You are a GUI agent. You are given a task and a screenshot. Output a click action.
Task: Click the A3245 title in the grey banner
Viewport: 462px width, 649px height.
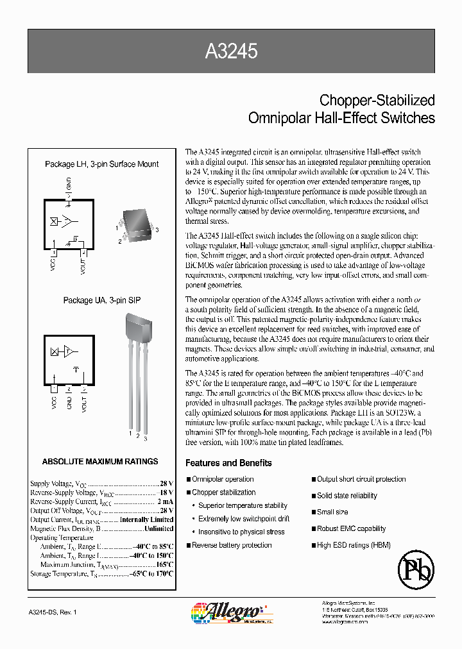pyautogui.click(x=231, y=52)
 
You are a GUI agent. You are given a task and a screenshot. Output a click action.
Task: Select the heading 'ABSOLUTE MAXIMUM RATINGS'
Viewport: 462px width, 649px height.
pyautogui.click(x=100, y=461)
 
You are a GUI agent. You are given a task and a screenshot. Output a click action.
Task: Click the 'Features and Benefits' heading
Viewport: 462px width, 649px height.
pyautogui.click(x=228, y=463)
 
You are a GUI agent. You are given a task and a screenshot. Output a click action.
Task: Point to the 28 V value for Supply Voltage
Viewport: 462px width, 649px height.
pyautogui.click(x=166, y=484)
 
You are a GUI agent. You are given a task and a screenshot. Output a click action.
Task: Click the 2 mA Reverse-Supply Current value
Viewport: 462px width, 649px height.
pyautogui.click(x=165, y=501)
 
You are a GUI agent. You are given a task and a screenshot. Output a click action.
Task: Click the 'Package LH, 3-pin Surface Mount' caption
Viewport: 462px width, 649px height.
pyautogui.click(x=102, y=164)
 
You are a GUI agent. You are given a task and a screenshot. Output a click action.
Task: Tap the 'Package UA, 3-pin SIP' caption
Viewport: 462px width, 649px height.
pyautogui.click(x=102, y=300)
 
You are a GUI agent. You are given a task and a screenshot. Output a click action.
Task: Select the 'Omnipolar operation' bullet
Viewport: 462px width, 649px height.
pyautogui.click(x=223, y=479)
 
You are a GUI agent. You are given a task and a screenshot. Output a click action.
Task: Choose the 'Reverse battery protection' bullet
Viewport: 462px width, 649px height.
pyautogui.click(x=232, y=545)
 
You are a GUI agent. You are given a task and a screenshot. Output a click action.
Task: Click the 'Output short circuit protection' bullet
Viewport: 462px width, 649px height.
pyautogui.click(x=361, y=479)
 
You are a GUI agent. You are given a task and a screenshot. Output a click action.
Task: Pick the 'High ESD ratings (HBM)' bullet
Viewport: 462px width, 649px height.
pyautogui.click(x=354, y=545)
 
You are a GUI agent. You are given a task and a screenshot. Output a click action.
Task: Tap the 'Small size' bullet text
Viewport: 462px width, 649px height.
pyautogui.click(x=332, y=512)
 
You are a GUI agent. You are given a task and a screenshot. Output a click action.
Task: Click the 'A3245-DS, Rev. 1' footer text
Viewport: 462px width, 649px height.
pyautogui.click(x=53, y=613)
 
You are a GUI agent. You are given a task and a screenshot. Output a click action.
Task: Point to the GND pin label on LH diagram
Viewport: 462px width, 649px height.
pyautogui.click(x=69, y=185)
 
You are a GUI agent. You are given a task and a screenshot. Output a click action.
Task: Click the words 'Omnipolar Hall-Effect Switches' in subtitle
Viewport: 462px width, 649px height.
pyautogui.click(x=341, y=118)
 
